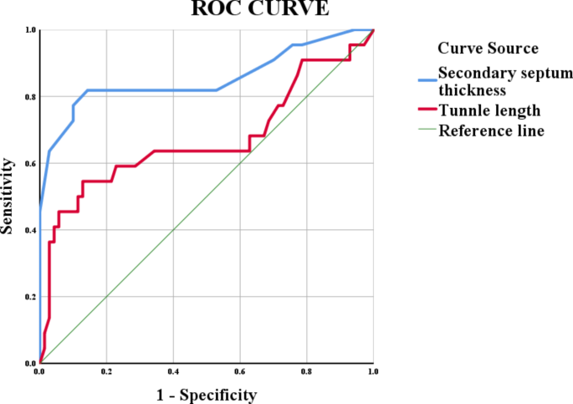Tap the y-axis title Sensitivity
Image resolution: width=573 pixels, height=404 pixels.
(8, 197)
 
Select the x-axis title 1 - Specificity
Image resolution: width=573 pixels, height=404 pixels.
(207, 394)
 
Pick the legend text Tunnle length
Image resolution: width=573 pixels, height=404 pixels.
(489, 110)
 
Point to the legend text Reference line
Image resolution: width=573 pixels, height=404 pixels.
(492, 130)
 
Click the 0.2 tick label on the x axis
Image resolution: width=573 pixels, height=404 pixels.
(106, 371)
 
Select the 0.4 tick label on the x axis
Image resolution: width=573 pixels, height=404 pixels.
(173, 371)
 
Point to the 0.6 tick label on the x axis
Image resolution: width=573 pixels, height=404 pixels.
(240, 371)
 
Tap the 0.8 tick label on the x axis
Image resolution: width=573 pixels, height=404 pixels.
(306, 371)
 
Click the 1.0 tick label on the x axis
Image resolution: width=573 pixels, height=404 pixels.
(372, 371)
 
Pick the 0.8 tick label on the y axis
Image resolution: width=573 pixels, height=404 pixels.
(31, 97)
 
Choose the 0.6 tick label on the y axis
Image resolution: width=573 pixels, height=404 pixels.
(31, 164)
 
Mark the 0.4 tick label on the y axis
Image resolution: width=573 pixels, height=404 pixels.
(31, 230)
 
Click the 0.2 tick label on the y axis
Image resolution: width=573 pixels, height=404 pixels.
(31, 297)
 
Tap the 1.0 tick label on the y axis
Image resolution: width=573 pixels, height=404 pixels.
(31, 31)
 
